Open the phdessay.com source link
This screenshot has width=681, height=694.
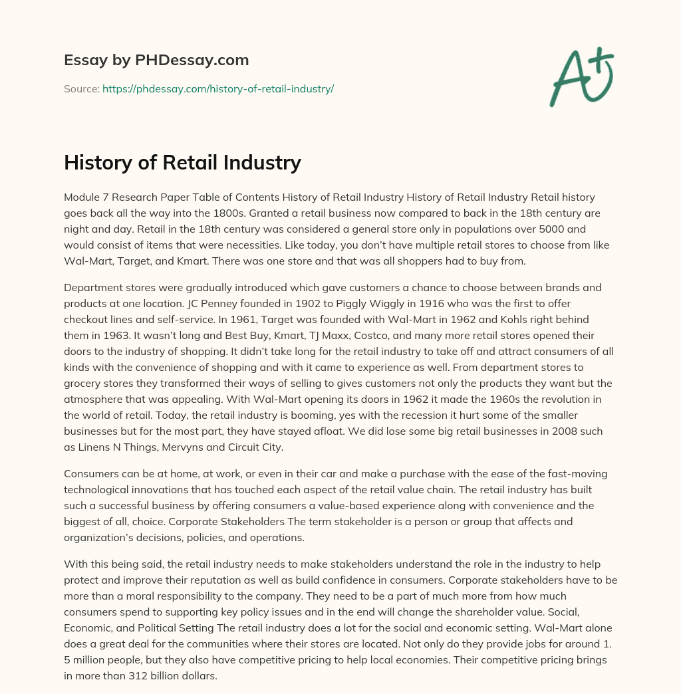(217, 88)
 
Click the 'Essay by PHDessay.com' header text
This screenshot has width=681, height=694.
(156, 60)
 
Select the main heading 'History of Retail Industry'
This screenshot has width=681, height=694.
(182, 163)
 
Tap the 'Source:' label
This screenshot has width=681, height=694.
(81, 88)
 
